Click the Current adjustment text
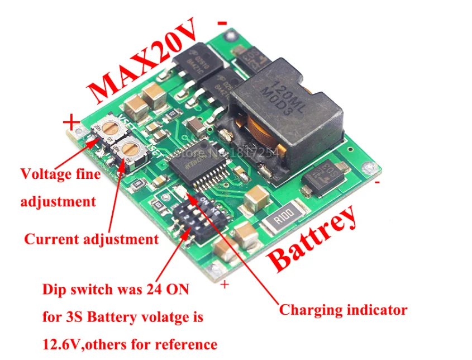91,239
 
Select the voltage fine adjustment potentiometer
111,128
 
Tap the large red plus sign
71,121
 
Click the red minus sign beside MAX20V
222,23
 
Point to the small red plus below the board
225,285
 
